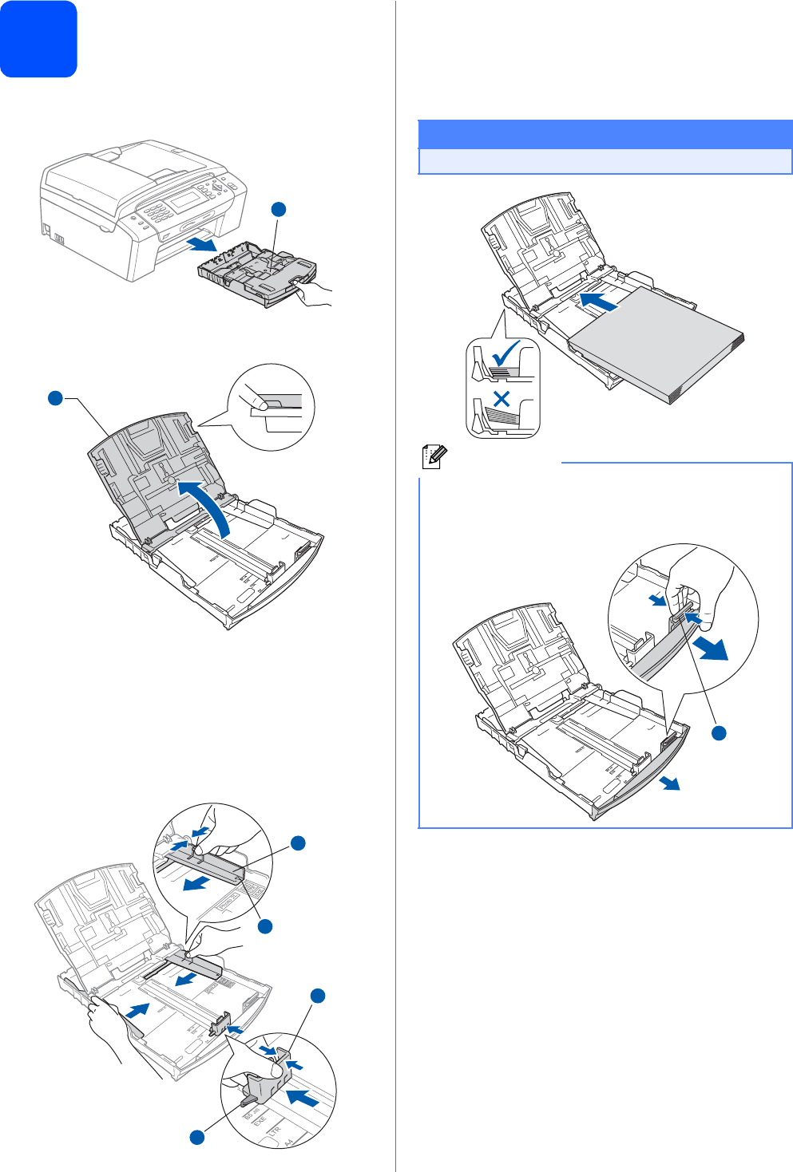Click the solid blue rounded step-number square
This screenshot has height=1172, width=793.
tap(38, 38)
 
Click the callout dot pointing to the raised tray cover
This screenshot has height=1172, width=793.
tap(55, 397)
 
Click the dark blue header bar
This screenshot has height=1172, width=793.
tap(605, 134)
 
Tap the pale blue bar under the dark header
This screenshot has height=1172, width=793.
tap(605, 161)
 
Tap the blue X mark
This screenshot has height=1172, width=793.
tap(502, 399)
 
